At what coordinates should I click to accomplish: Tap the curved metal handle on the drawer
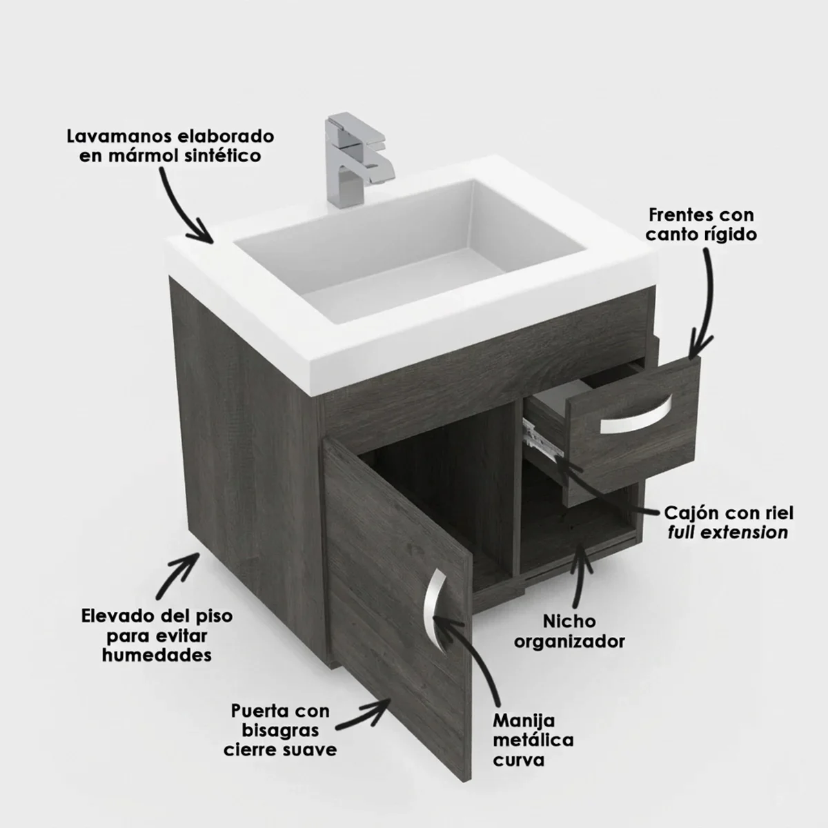[x=637, y=417]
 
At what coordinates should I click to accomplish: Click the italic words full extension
[x=729, y=533]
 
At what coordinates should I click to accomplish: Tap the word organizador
[x=569, y=642]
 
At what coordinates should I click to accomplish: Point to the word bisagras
[x=280, y=731]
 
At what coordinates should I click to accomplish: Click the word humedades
[x=157, y=656]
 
